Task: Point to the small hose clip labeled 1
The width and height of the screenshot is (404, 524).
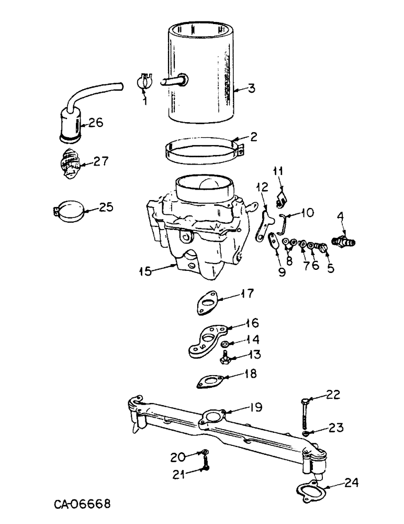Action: pyautogui.click(x=144, y=81)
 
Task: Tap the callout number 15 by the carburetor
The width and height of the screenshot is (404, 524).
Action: pyautogui.click(x=146, y=271)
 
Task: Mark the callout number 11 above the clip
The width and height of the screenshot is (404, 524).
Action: pyautogui.click(x=278, y=171)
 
